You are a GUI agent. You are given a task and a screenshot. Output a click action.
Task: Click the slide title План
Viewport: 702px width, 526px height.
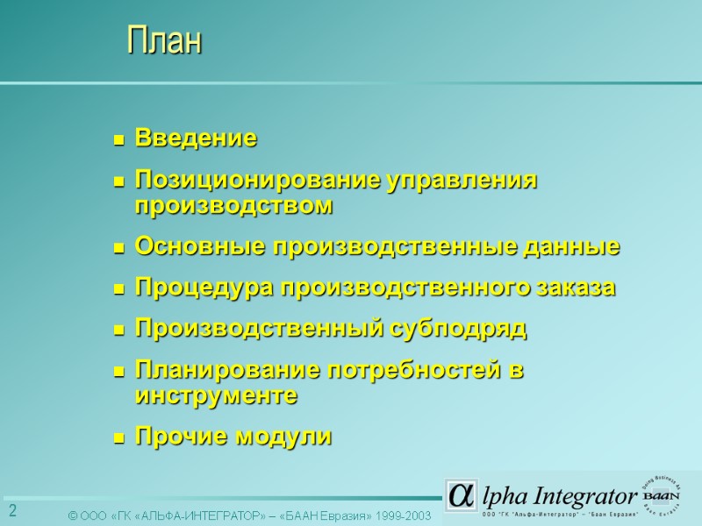[x=164, y=41]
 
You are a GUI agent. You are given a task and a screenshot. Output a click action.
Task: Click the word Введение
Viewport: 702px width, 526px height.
[x=196, y=139]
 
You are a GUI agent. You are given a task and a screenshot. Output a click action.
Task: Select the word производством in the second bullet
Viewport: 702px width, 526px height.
[x=234, y=207]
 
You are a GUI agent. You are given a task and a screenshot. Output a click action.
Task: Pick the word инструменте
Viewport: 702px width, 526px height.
[x=216, y=396]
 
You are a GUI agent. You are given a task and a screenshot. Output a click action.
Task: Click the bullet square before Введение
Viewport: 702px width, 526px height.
[x=118, y=139]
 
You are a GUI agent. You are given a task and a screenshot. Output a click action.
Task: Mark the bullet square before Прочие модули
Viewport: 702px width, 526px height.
[x=118, y=437]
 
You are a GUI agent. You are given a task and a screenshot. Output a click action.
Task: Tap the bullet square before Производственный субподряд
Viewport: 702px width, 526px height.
[x=118, y=331]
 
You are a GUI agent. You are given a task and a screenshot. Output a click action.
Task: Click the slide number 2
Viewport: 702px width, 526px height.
[x=13, y=511]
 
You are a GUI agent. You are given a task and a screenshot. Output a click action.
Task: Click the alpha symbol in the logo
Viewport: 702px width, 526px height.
[x=460, y=495]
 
